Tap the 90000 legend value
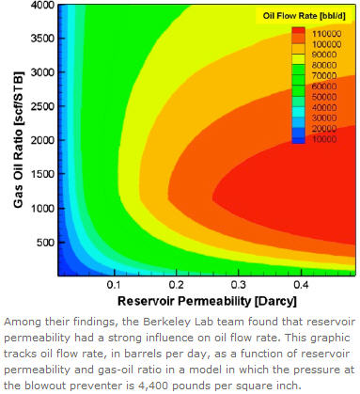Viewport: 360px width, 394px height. click(326, 55)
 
